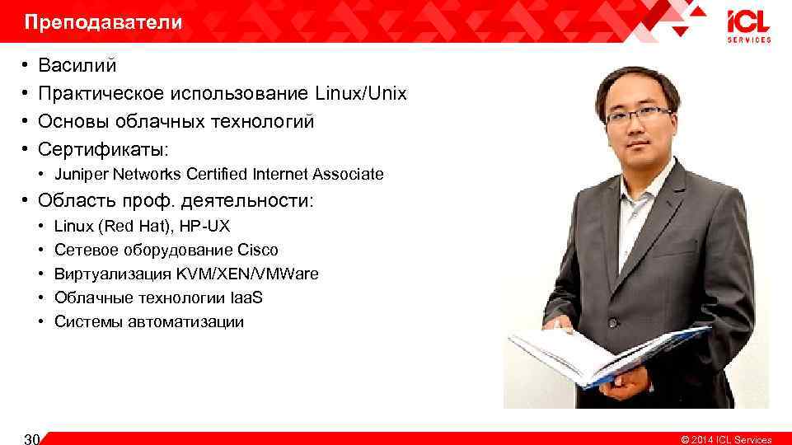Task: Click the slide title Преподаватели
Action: [103, 23]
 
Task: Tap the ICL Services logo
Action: [748, 26]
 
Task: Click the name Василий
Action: [77, 65]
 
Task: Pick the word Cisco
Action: [257, 250]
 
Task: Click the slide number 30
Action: [31, 438]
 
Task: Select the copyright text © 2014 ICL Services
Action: [725, 439]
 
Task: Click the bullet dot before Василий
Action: [26, 65]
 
